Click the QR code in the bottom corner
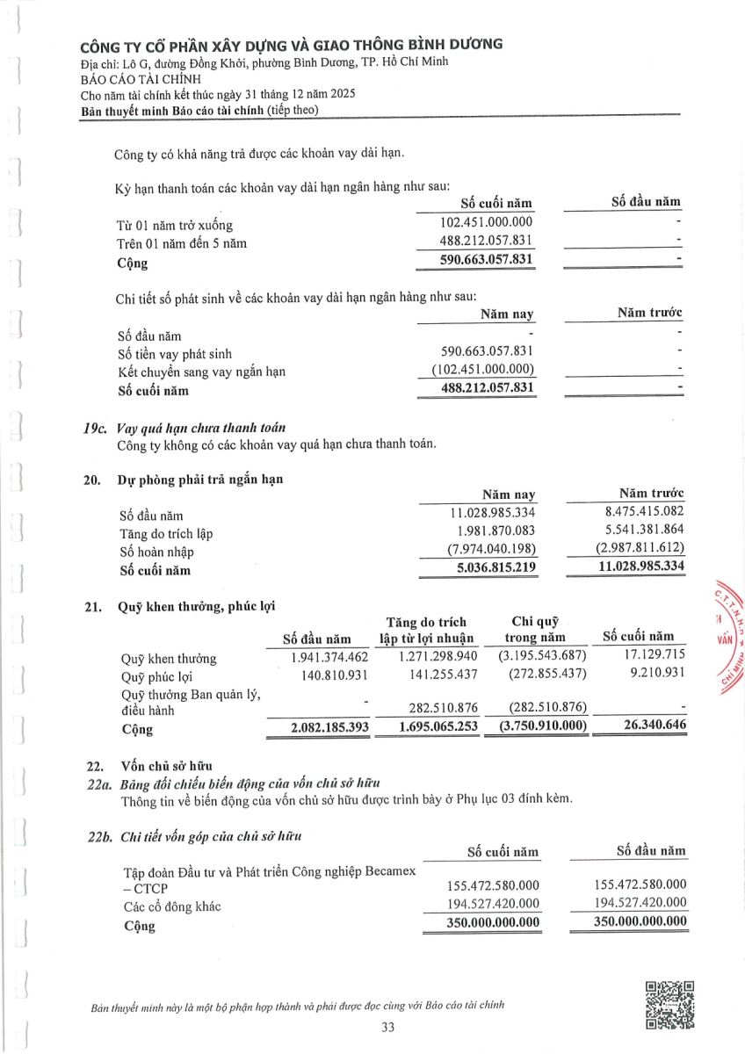click(x=670, y=1005)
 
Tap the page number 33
click(x=388, y=1029)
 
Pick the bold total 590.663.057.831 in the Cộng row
click(x=487, y=260)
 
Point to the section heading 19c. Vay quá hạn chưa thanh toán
click(x=184, y=428)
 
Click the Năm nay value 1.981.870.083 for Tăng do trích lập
click(x=495, y=532)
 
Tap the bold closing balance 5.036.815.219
click(x=492, y=568)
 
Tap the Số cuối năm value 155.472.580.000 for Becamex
click(x=494, y=884)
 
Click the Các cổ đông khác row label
click(x=172, y=906)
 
